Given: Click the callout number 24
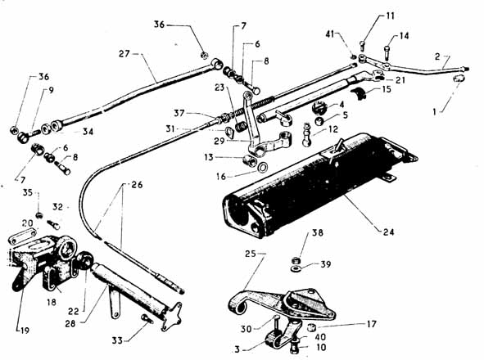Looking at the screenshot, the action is pos(389,232).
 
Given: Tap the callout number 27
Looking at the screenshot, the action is pos(124,54).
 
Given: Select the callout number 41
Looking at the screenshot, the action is pos(330,34).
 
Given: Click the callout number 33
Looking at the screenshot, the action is pos(117,340).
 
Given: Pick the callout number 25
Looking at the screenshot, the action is pos(251,254).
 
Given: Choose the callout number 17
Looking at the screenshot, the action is pos(372,324).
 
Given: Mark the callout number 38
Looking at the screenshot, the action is pos(318,232).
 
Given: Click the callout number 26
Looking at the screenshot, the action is pos(137,185).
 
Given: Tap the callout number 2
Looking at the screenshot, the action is pos(437,56).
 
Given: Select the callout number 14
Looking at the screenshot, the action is pos(404,36).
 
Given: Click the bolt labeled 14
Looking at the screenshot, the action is pos(387,52).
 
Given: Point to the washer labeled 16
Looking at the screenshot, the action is pos(262,168).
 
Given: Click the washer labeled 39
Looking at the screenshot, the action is pos(296,268).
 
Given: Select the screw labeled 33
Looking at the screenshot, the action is pos(147,318).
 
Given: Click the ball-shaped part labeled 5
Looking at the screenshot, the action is pos(319,120).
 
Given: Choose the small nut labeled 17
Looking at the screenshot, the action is pos(312,326).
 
